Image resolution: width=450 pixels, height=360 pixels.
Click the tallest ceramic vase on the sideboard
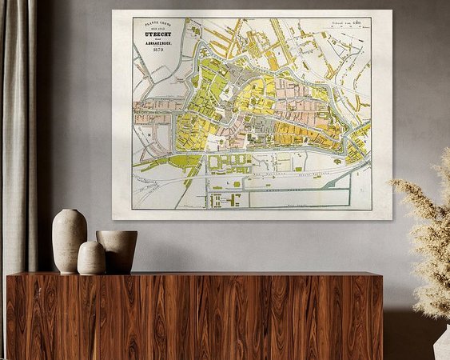pos(69,240)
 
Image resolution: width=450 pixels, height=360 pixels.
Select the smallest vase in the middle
pos(91,258)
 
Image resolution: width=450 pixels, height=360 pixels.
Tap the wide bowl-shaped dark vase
pos(118,250)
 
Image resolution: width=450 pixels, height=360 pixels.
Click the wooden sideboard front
pos(192,316)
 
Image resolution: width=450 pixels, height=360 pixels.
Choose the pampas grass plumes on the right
pos(428,232)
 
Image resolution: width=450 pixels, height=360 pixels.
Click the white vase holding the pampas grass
pos(443,344)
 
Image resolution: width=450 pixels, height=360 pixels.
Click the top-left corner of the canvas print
pos(113,11)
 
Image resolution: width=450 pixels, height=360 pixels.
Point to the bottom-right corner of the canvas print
pos(391,218)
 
